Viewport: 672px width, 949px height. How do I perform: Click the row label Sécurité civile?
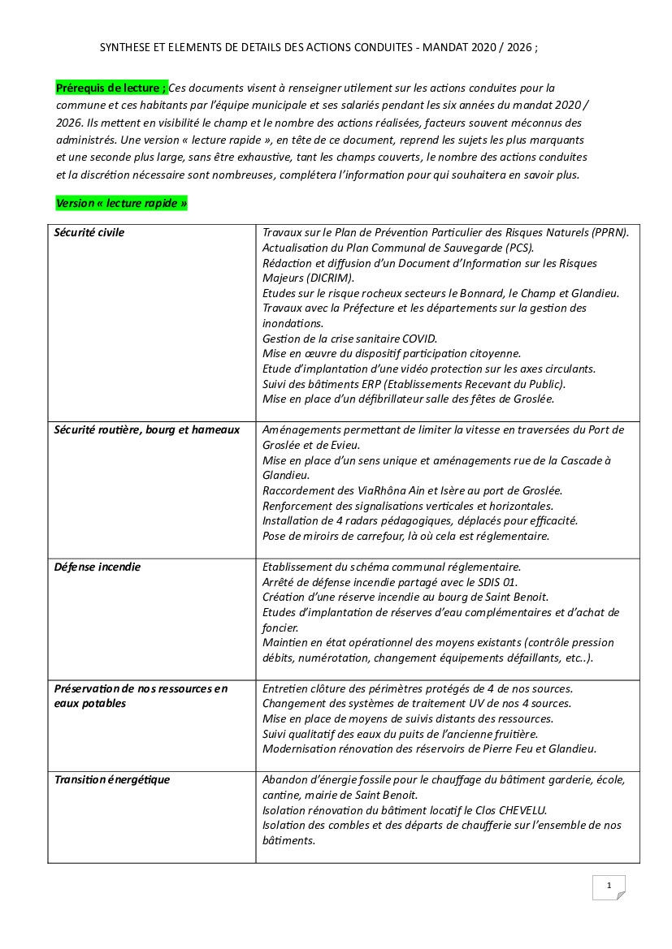89,233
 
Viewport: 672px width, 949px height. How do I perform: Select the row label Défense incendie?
98,567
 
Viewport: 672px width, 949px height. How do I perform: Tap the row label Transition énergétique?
112,780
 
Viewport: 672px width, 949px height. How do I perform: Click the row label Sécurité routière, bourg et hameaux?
147,430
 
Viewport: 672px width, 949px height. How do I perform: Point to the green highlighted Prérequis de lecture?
111,88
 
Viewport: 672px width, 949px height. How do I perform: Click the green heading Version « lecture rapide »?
121,203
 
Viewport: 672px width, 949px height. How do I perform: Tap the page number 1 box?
609,886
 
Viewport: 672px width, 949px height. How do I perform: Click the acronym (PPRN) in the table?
610,233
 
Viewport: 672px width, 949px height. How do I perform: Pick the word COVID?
419,339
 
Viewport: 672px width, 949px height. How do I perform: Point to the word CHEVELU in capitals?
518,810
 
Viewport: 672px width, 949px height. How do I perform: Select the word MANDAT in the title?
445,48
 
